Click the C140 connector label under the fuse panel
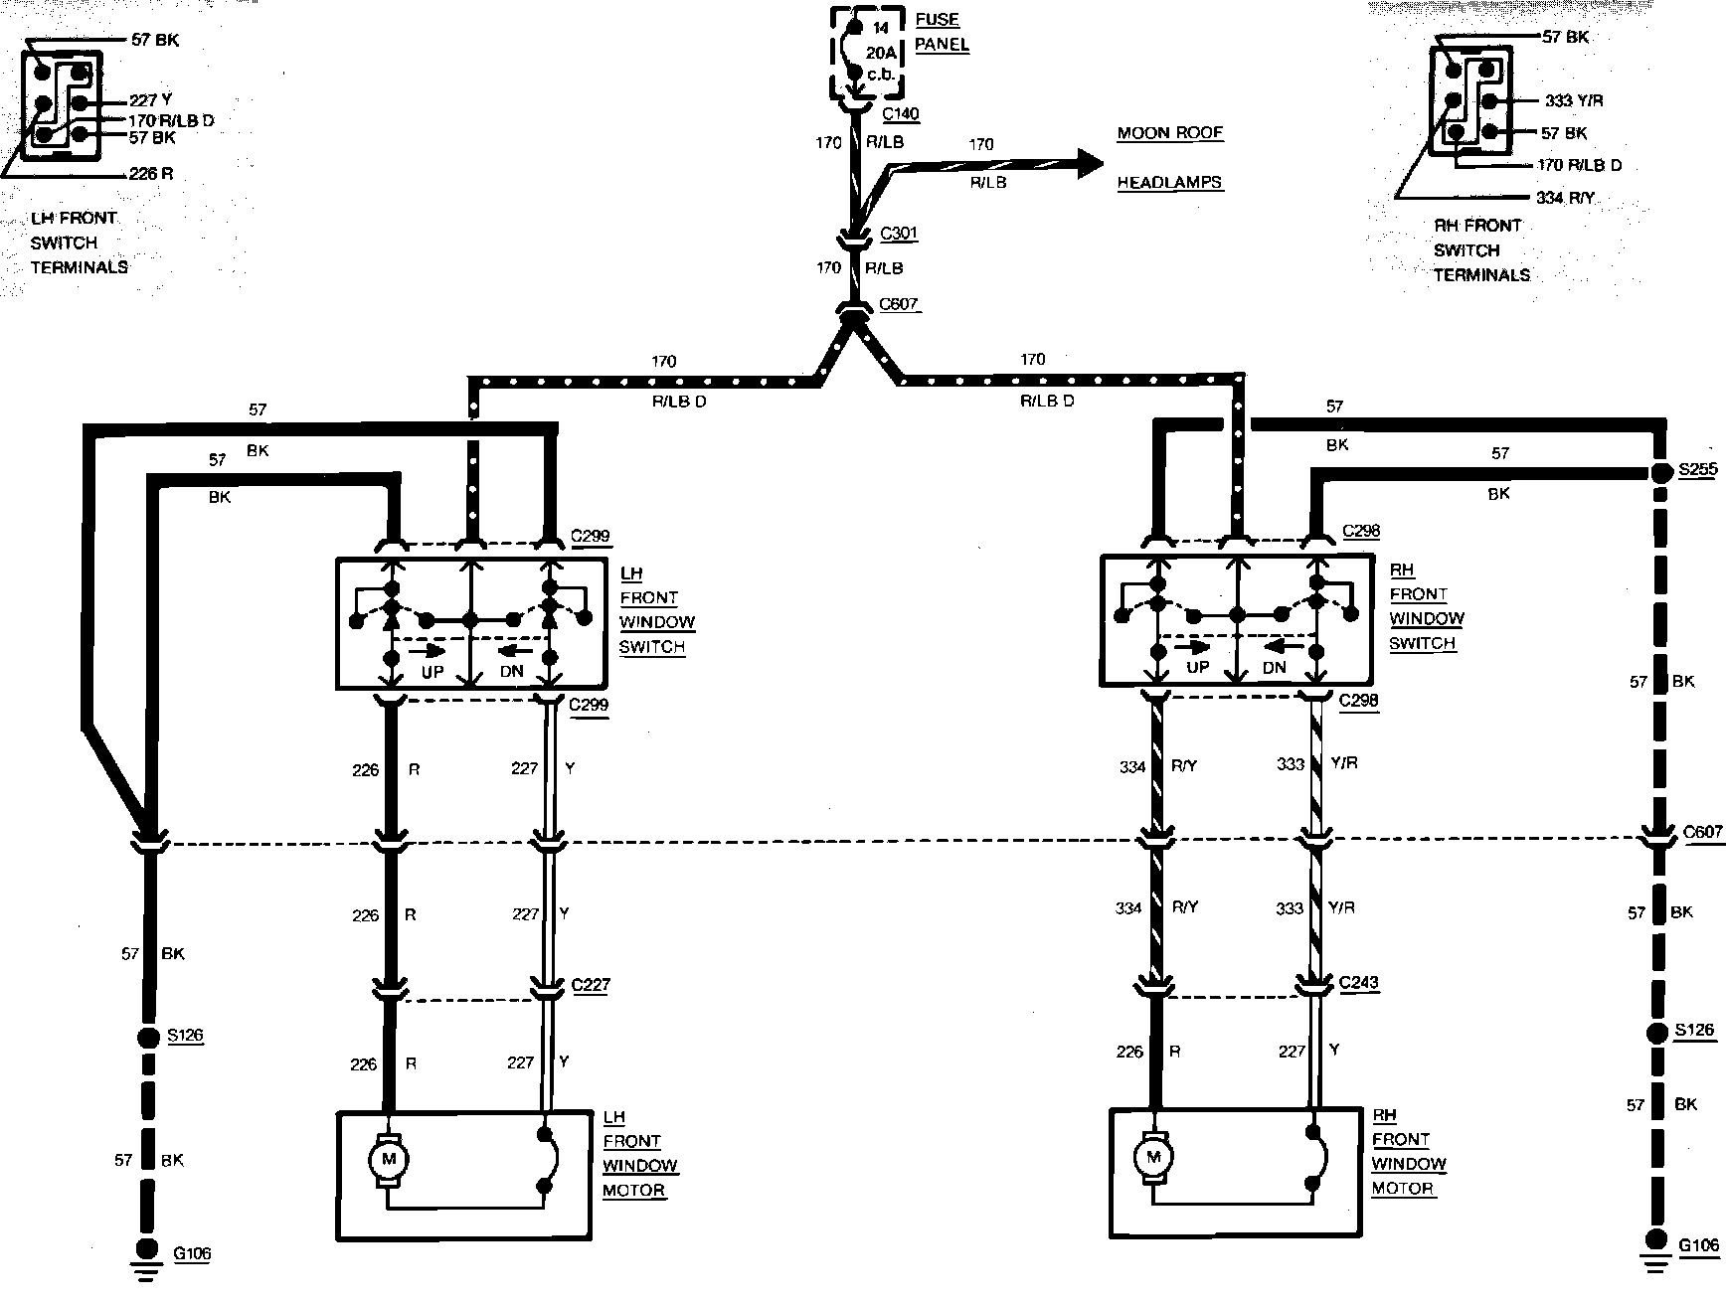pyautogui.click(x=900, y=113)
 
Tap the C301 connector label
pyautogui.click(x=899, y=234)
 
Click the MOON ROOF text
pyautogui.click(x=1169, y=133)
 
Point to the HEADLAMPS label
pyautogui.click(x=1169, y=183)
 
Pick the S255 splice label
pyautogui.click(x=1697, y=470)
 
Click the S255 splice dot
pyautogui.click(x=1658, y=472)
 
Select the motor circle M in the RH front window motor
pyautogui.click(x=1153, y=1157)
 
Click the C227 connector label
pyautogui.click(x=591, y=985)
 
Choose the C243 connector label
pyautogui.click(x=1358, y=983)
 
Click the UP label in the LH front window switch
pyautogui.click(x=432, y=672)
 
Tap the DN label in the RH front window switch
pyautogui.click(x=1274, y=668)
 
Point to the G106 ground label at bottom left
pyautogui.click(x=192, y=1254)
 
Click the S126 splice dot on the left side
pyautogui.click(x=147, y=1039)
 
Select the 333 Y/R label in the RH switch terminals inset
pyautogui.click(x=1574, y=100)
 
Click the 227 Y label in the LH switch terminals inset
pyautogui.click(x=151, y=99)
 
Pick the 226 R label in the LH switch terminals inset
pyautogui.click(x=151, y=174)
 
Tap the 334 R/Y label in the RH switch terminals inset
pyautogui.click(x=1565, y=198)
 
